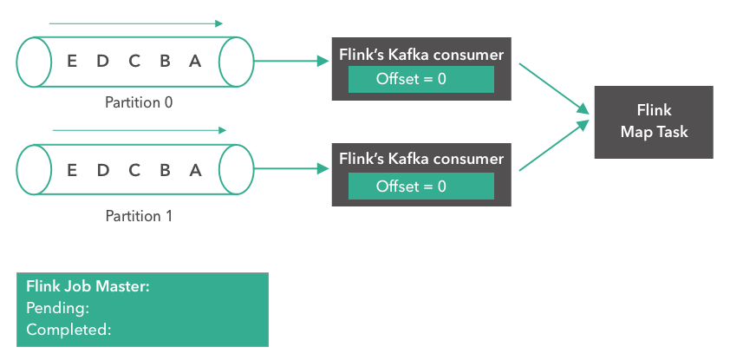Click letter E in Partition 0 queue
(x=71, y=62)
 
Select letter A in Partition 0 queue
(x=195, y=62)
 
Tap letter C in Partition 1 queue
(x=134, y=169)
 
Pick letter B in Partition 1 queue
(x=165, y=169)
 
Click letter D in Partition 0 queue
(x=102, y=62)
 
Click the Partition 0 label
(x=139, y=102)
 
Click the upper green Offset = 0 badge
(x=420, y=79)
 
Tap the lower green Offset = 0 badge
(x=420, y=187)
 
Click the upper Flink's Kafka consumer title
(x=420, y=55)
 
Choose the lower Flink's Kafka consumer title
(x=420, y=160)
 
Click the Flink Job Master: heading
(x=88, y=286)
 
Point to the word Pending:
(x=58, y=308)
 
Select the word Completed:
(x=68, y=330)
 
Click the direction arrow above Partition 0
(x=136, y=23)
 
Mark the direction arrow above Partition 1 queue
(x=139, y=130)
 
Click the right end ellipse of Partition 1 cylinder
(x=235, y=168)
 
